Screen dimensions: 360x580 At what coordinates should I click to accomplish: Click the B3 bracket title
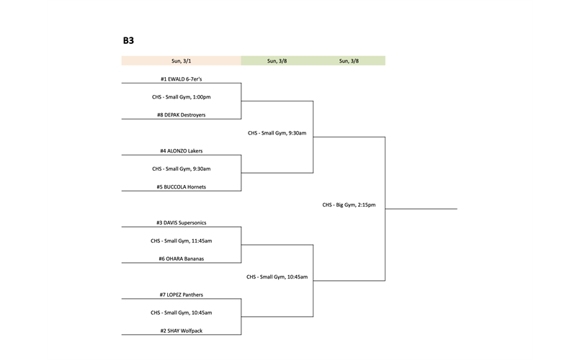[128, 41]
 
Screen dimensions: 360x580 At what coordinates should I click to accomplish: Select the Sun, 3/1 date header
[181, 61]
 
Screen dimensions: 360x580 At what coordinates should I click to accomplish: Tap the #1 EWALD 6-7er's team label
[182, 78]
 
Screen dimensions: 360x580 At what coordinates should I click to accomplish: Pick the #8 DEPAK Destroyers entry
[182, 114]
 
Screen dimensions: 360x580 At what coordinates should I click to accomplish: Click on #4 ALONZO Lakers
[182, 151]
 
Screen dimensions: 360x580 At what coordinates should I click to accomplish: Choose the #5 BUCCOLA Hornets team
[182, 186]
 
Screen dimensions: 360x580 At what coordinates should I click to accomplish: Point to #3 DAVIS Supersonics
[182, 222]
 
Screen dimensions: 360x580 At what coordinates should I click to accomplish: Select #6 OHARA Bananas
[182, 258]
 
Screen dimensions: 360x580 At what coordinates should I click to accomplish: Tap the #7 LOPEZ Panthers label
[182, 294]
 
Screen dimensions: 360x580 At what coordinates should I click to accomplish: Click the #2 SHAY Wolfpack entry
[182, 330]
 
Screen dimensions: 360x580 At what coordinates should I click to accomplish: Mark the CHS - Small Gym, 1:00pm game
[182, 96]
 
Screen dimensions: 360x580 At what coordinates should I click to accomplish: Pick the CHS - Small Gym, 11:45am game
[182, 240]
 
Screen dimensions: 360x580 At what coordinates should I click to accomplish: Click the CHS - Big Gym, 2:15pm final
[349, 205]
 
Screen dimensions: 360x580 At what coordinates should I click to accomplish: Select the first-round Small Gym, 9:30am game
[182, 168]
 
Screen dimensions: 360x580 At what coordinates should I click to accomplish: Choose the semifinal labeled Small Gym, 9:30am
[277, 133]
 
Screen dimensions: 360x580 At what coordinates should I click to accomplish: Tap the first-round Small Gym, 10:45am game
[182, 312]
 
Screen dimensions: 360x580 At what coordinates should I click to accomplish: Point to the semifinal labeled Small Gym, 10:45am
[277, 276]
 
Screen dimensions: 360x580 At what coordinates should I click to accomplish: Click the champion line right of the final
[421, 209]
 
